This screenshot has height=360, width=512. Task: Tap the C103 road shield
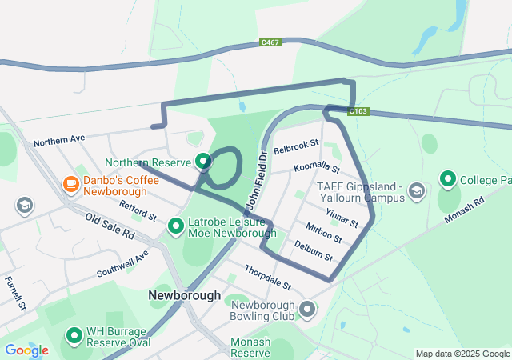coord(359,112)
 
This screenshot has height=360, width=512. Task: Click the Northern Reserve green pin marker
coord(203,162)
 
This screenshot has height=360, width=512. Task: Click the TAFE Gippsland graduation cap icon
coord(417,190)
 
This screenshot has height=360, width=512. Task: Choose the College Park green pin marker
coord(447,180)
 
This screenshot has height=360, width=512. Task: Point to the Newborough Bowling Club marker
coord(308,309)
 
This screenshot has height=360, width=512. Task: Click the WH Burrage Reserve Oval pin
coord(74,336)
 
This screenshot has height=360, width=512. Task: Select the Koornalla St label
coord(317,167)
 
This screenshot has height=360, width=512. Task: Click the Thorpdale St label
coord(267,278)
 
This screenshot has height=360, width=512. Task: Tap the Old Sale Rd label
coord(110,228)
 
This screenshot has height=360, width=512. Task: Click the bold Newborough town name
coord(184,295)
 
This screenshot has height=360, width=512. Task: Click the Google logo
coord(26,350)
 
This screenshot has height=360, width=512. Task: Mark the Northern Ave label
coord(58,140)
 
